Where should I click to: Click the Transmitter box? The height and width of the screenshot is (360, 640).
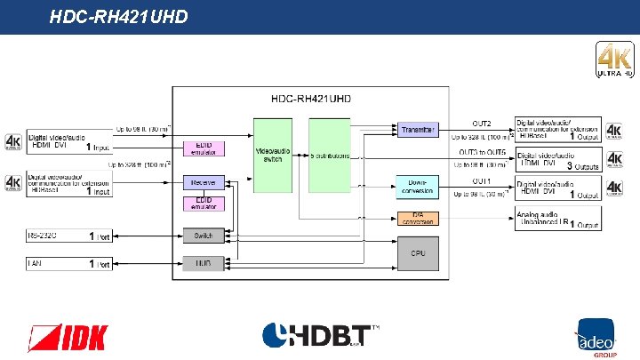click(417, 130)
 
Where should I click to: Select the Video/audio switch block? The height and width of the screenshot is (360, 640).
click(273, 155)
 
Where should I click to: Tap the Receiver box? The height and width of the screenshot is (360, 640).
click(204, 182)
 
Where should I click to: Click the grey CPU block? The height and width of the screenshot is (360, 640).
click(418, 254)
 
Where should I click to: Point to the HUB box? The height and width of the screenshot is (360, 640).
click(204, 263)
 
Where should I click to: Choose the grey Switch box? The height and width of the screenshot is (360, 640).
click(204, 236)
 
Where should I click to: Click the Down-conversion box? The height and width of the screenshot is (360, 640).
click(417, 186)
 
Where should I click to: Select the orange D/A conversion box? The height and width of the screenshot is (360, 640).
click(417, 218)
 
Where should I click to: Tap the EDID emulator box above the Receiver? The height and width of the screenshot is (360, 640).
click(204, 148)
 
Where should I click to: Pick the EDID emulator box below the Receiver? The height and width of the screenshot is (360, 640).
click(204, 204)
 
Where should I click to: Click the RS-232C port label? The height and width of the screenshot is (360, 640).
click(42, 236)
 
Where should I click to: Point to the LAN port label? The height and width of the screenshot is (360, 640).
click(36, 263)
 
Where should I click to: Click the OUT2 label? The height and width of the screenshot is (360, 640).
click(482, 123)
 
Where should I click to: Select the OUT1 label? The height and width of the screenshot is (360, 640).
click(482, 180)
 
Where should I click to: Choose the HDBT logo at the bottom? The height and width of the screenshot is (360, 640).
click(320, 337)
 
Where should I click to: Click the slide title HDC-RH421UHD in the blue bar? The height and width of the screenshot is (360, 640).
click(118, 16)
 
